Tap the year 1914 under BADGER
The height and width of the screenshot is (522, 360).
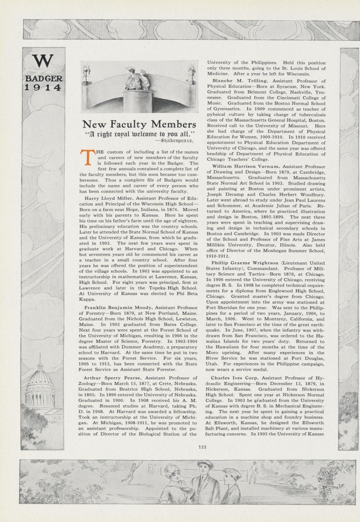tap(43, 87)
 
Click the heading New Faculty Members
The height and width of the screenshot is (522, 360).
tap(139, 124)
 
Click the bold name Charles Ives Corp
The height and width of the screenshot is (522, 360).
tap(234, 378)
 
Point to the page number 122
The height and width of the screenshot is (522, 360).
tap(202, 447)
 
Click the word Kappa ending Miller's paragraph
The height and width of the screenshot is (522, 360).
tap(87, 299)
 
